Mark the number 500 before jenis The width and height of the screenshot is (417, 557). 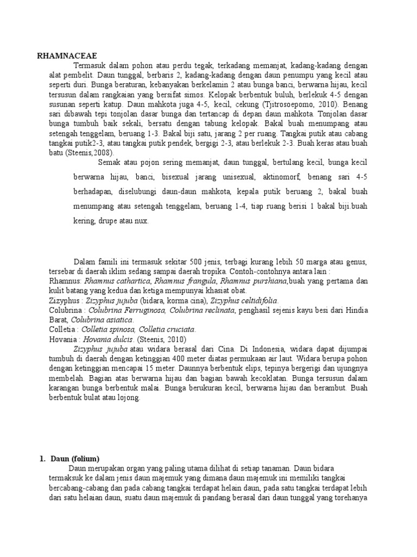point(193,262)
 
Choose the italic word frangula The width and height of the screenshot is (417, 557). point(192,281)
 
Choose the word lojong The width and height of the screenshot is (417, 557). point(129,398)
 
